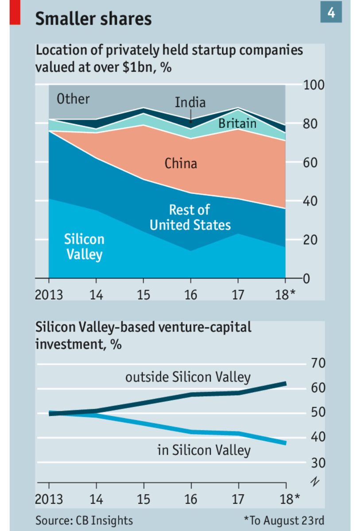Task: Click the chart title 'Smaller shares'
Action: click(93, 19)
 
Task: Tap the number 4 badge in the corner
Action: click(331, 13)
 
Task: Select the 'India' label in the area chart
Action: click(190, 103)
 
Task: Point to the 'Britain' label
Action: click(237, 123)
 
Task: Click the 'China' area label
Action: click(181, 163)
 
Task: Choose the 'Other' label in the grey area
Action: click(73, 99)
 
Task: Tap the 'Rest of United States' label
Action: click(190, 217)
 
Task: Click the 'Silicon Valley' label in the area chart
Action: click(84, 246)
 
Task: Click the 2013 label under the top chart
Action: click(49, 295)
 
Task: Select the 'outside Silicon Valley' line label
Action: click(188, 377)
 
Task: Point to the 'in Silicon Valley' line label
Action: click(204, 450)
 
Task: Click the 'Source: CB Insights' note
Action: click(84, 519)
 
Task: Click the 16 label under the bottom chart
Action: click(191, 499)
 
